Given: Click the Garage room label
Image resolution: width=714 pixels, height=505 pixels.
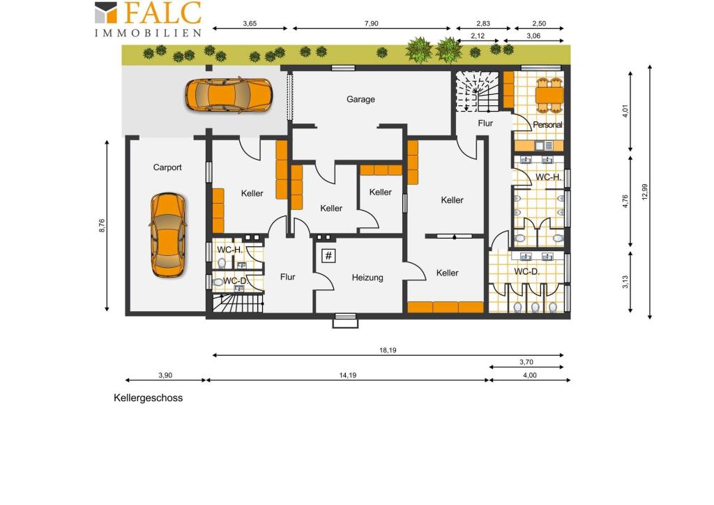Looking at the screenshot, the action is coord(360,99).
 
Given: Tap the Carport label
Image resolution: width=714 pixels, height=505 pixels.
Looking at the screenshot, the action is coord(167,167).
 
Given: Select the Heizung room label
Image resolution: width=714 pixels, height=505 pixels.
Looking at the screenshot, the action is coord(367,278).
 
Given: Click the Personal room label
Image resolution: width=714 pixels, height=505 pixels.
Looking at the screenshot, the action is coord(547,125).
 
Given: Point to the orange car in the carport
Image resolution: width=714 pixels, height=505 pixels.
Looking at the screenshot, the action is coord(168,235).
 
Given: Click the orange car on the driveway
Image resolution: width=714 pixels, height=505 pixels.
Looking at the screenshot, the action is coord(229,95).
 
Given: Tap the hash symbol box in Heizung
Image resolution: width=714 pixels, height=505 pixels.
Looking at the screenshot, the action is coord(328,256).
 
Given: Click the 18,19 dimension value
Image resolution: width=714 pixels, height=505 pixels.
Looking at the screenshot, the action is coord(388,350).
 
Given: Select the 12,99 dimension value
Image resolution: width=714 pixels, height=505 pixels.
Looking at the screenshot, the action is coord(644,192).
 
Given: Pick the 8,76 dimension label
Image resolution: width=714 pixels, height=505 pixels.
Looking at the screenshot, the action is coord(102,226).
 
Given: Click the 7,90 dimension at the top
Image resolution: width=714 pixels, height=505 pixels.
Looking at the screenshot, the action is coord(371,24).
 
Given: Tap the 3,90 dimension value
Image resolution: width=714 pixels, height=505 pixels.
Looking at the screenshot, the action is coord(165,375).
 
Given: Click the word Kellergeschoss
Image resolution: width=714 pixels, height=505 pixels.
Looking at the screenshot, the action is coord(148,398).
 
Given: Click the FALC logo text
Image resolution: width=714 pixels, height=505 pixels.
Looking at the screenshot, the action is coord(162,13).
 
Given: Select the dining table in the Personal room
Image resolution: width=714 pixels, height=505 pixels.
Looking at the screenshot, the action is coord(549,95).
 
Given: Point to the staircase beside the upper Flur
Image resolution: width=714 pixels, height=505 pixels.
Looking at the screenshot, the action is coord(477,91).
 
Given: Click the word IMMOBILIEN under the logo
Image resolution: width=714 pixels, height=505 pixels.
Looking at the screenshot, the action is coord(148,33).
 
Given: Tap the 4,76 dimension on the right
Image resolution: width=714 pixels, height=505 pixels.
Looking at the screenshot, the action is coord(625,202).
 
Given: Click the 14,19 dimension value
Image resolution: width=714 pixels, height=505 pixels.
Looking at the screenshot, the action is coord(348,375).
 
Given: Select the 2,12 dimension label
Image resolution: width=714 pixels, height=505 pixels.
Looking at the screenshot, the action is coord(478,36).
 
